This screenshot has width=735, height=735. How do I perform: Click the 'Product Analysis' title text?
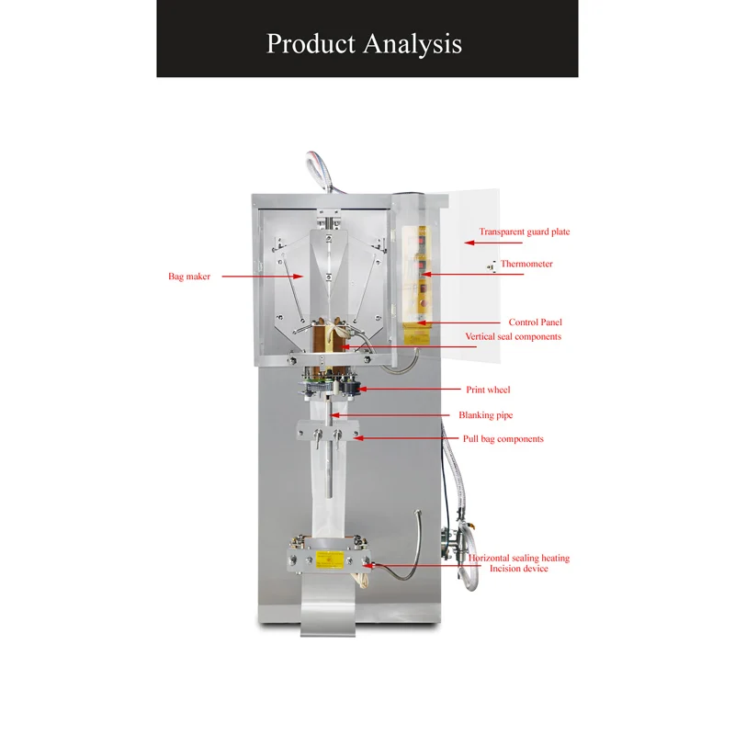[x=364, y=43]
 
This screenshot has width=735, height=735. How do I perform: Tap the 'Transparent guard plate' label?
[x=524, y=232]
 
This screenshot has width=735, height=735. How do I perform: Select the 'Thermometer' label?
[x=526, y=264]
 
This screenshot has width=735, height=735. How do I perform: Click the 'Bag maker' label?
[x=189, y=276]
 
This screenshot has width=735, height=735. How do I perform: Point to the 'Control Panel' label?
[x=535, y=322]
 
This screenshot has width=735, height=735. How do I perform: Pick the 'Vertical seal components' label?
[x=513, y=337]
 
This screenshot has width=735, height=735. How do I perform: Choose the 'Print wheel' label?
[x=488, y=390]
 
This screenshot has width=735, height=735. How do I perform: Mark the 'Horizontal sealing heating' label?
[x=518, y=558]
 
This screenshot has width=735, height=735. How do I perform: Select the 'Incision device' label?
[x=518, y=569]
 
